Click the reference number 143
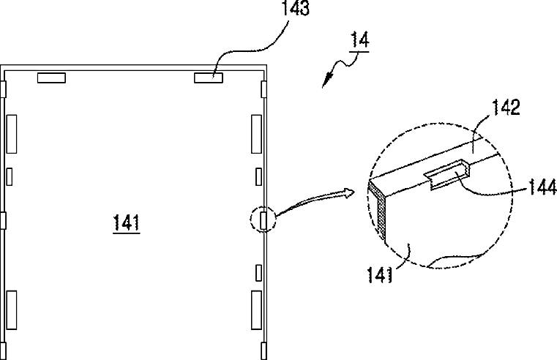(295, 8)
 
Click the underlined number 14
(359, 40)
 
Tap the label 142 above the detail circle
(506, 108)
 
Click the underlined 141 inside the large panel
(127, 222)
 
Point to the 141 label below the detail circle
(379, 275)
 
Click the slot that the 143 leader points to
(209, 78)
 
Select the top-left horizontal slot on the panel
(51, 78)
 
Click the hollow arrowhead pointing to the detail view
(350, 192)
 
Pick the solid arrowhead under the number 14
(326, 80)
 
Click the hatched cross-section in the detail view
(378, 209)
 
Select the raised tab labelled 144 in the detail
(448, 174)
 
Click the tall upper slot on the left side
(12, 134)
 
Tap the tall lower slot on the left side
(12, 310)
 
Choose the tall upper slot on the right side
(256, 134)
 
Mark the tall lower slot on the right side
(256, 310)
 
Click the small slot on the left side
(10, 176)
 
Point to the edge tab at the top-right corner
(263, 89)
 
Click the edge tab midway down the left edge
(3, 220)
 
